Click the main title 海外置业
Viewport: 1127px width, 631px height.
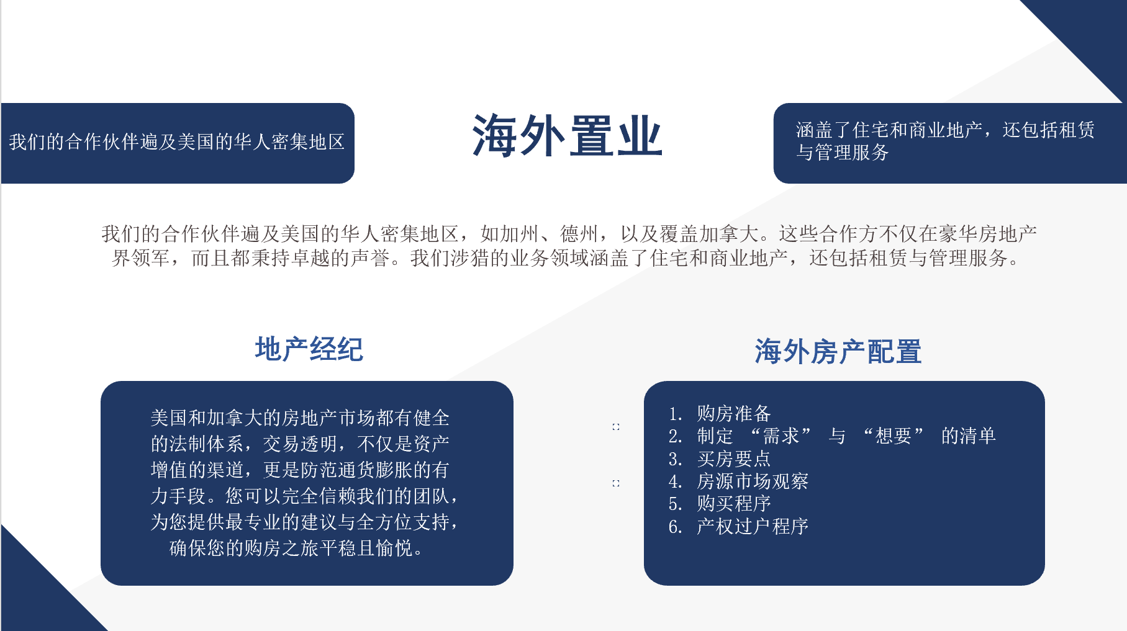tap(567, 136)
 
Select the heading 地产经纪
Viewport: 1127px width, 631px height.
tap(309, 349)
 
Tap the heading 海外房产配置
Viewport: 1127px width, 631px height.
tap(838, 352)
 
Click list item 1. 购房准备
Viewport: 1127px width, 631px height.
tap(720, 413)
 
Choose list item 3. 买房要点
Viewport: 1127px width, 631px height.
tap(720, 459)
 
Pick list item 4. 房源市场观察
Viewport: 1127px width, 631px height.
tap(738, 481)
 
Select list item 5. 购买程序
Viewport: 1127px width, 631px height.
tap(720, 503)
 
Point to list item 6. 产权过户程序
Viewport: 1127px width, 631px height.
tap(738, 526)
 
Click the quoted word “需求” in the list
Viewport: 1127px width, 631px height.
tap(781, 436)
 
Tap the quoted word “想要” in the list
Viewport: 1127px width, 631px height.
tap(894, 436)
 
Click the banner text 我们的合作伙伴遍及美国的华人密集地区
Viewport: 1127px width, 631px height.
tap(177, 142)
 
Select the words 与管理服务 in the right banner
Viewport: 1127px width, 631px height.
tap(843, 153)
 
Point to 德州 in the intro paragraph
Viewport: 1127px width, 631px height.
tap(580, 234)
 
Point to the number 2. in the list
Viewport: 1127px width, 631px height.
tap(675, 436)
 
